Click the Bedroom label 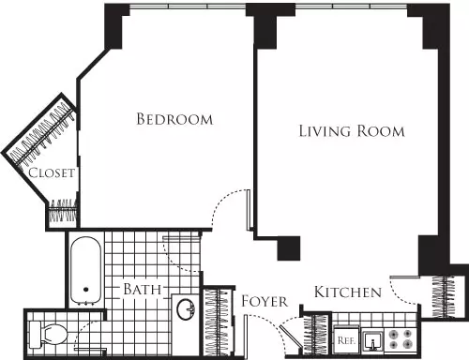(x=174, y=119)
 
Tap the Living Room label (x=352, y=131)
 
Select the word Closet (x=52, y=172)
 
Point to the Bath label (x=143, y=289)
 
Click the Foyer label (x=265, y=301)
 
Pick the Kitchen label (x=348, y=292)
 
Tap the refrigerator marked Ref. (x=346, y=339)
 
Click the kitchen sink (x=372, y=341)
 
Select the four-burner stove (x=401, y=339)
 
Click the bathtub (x=85, y=270)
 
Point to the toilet (x=49, y=334)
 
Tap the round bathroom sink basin (x=186, y=309)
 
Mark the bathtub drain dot (x=85, y=290)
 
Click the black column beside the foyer (x=289, y=248)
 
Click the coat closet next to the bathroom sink (x=219, y=322)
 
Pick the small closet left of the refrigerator (x=316, y=335)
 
